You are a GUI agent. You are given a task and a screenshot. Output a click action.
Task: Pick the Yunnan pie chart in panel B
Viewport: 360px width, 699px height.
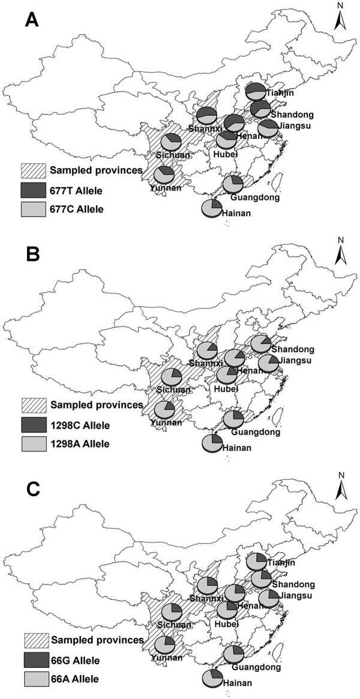[164, 410]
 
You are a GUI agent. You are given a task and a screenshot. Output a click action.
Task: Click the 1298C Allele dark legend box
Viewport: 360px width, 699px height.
[34, 424]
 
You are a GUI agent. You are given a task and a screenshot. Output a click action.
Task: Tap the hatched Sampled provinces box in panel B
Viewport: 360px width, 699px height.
[34, 404]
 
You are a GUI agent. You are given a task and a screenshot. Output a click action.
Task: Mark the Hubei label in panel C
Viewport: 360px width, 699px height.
[226, 623]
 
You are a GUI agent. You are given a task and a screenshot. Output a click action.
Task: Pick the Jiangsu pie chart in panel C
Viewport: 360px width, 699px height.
[269, 598]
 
